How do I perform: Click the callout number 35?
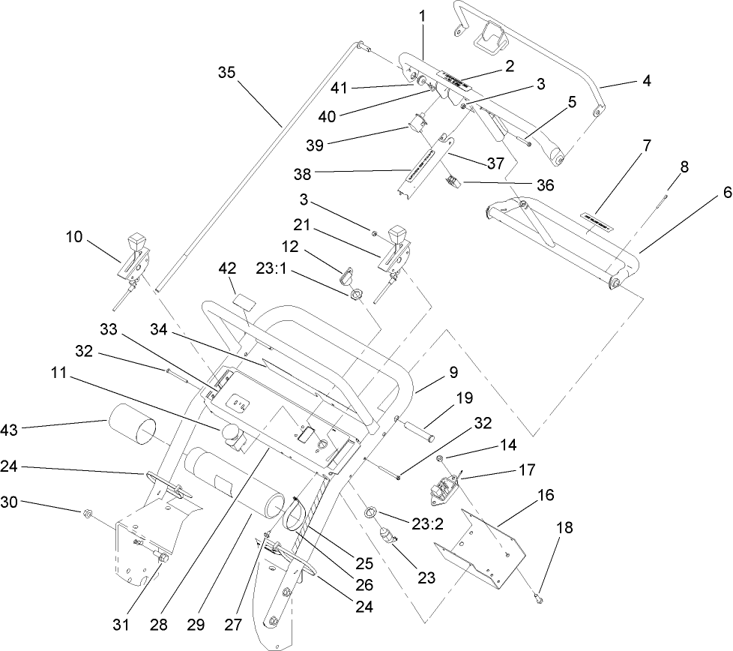click(226, 73)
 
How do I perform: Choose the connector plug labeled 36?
click(452, 180)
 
